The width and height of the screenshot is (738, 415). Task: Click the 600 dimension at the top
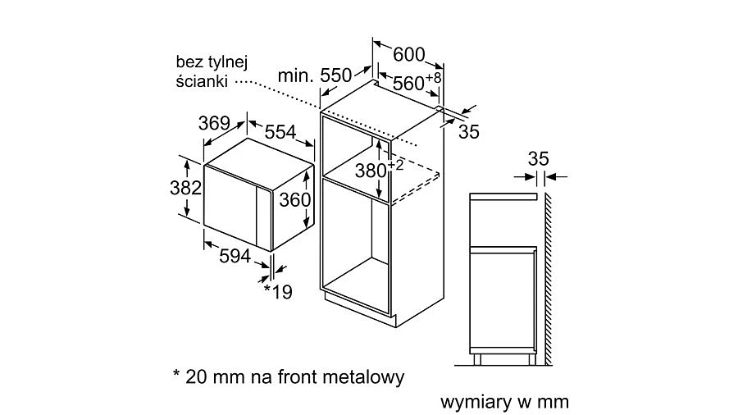coord(409,55)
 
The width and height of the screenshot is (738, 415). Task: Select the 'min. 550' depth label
coord(314,75)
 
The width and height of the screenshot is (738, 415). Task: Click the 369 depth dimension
coord(213,124)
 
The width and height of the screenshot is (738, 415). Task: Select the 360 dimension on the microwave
coord(294,200)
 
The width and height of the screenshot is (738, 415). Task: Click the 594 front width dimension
coord(235,256)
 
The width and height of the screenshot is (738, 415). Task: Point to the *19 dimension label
coord(278,291)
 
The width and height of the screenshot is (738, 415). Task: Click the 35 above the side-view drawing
coord(537,158)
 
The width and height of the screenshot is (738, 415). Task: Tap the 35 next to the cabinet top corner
coord(468,130)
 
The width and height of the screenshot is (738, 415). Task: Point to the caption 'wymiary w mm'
coord(504,403)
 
